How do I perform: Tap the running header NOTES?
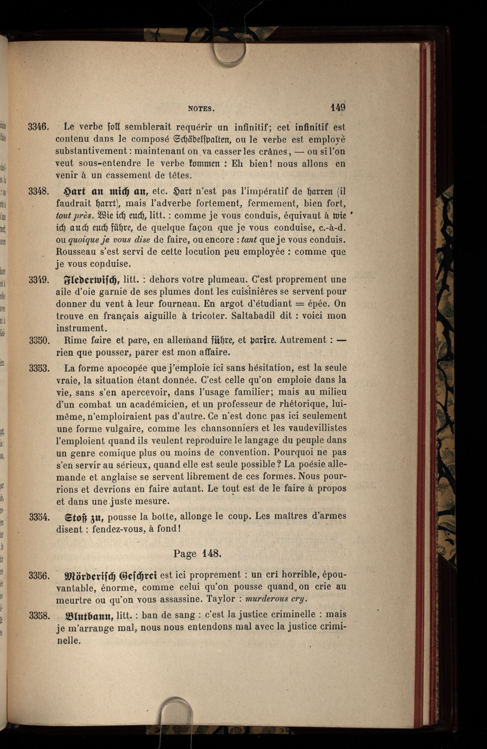tap(201, 109)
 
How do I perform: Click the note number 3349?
tap(38, 279)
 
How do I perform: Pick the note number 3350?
tap(39, 341)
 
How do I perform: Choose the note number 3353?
tap(39, 368)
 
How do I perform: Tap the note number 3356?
tap(39, 576)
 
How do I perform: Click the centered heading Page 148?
tap(197, 554)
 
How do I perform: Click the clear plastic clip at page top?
tap(229, 54)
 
